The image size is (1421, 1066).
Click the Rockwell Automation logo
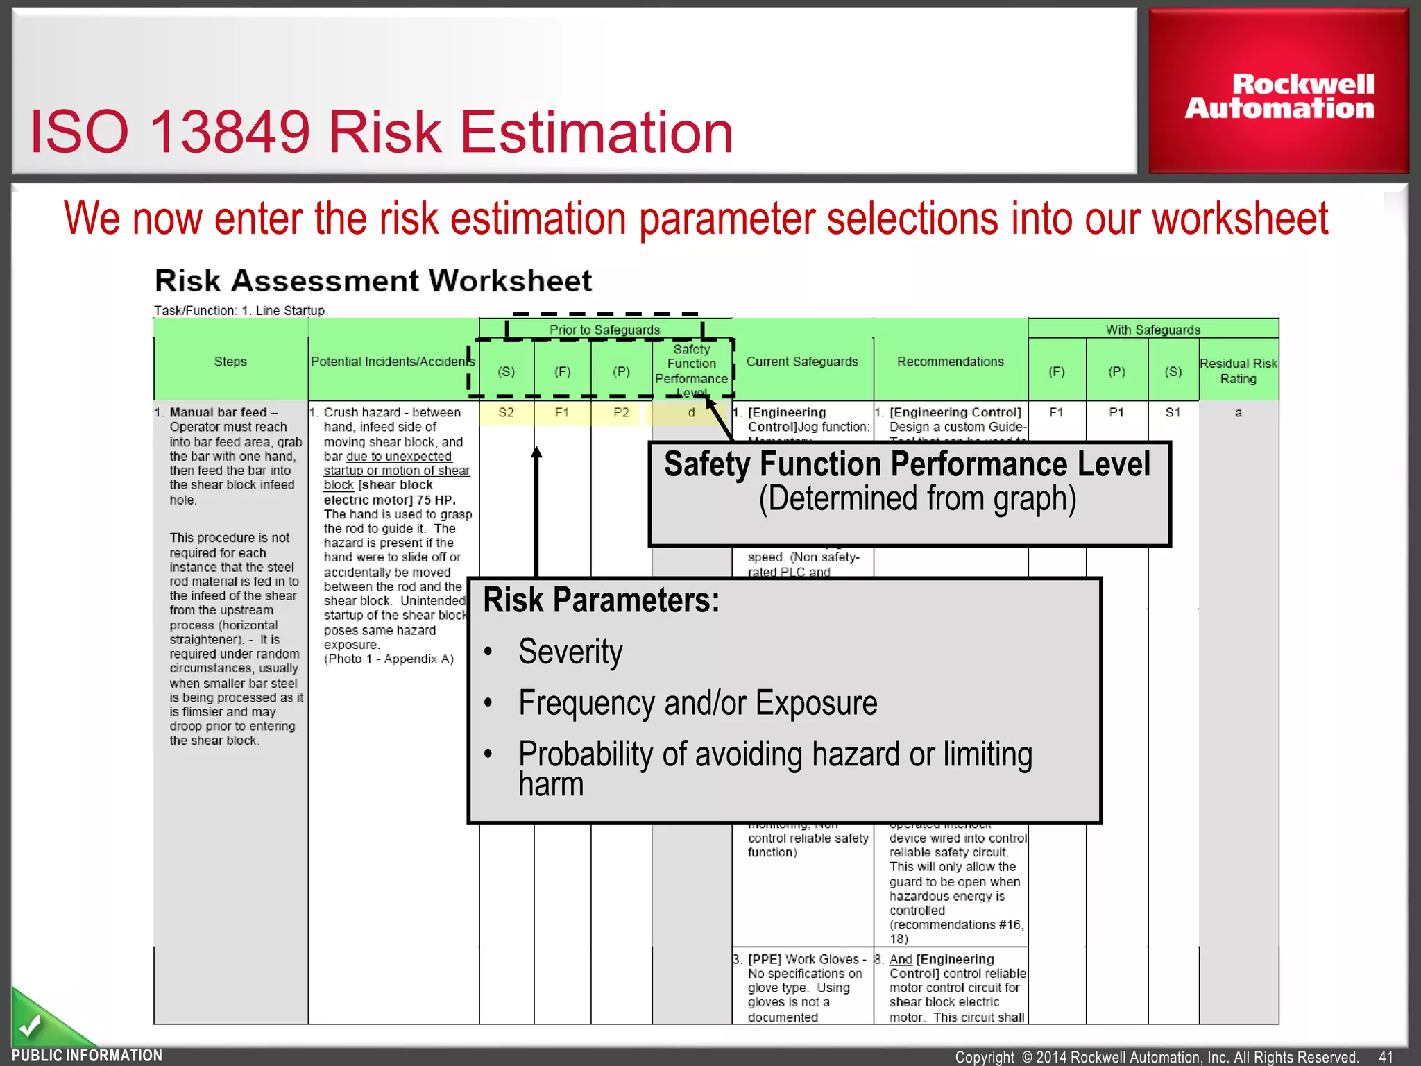tap(1279, 96)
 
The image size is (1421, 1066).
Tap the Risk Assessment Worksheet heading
tap(373, 281)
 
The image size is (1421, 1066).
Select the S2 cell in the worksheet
tap(506, 412)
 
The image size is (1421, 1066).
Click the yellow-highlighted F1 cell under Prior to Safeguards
tap(562, 412)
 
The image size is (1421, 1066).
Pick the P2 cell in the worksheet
tap(621, 412)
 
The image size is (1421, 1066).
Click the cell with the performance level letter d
tap(691, 412)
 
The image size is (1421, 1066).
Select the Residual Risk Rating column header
tap(1238, 371)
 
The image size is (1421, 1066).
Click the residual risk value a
tap(1238, 412)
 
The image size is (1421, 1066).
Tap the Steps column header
tap(230, 362)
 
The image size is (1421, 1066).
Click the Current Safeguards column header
tap(802, 362)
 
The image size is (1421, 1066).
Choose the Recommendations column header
tap(950, 362)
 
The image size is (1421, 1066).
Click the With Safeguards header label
tap(1152, 330)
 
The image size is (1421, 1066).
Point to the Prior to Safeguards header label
tap(604, 330)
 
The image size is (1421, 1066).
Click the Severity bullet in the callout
tap(570, 652)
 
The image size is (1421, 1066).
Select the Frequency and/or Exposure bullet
tap(697, 703)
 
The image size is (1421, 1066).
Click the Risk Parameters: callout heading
tap(601, 600)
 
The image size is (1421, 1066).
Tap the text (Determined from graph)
tap(917, 498)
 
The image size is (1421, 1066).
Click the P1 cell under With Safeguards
tap(1116, 412)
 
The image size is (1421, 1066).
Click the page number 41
tap(1386, 1056)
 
